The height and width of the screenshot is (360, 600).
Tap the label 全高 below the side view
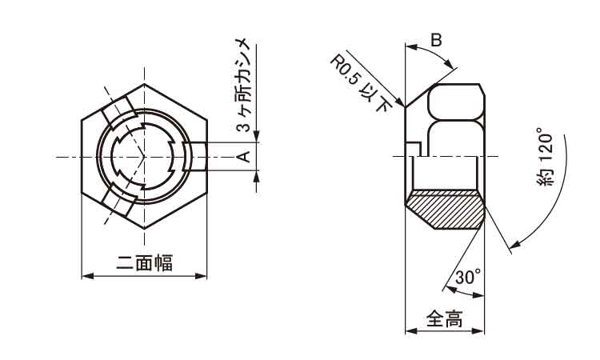pos(444,318)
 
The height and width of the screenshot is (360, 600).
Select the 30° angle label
pos(468,278)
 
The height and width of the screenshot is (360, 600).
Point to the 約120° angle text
pos(546,157)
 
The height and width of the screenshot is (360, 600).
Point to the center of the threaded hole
pos(145,156)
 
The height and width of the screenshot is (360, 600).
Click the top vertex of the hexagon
pos(145,84)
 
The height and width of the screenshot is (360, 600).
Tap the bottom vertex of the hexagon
pos(145,230)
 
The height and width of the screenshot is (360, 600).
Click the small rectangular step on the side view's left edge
pos(413,148)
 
